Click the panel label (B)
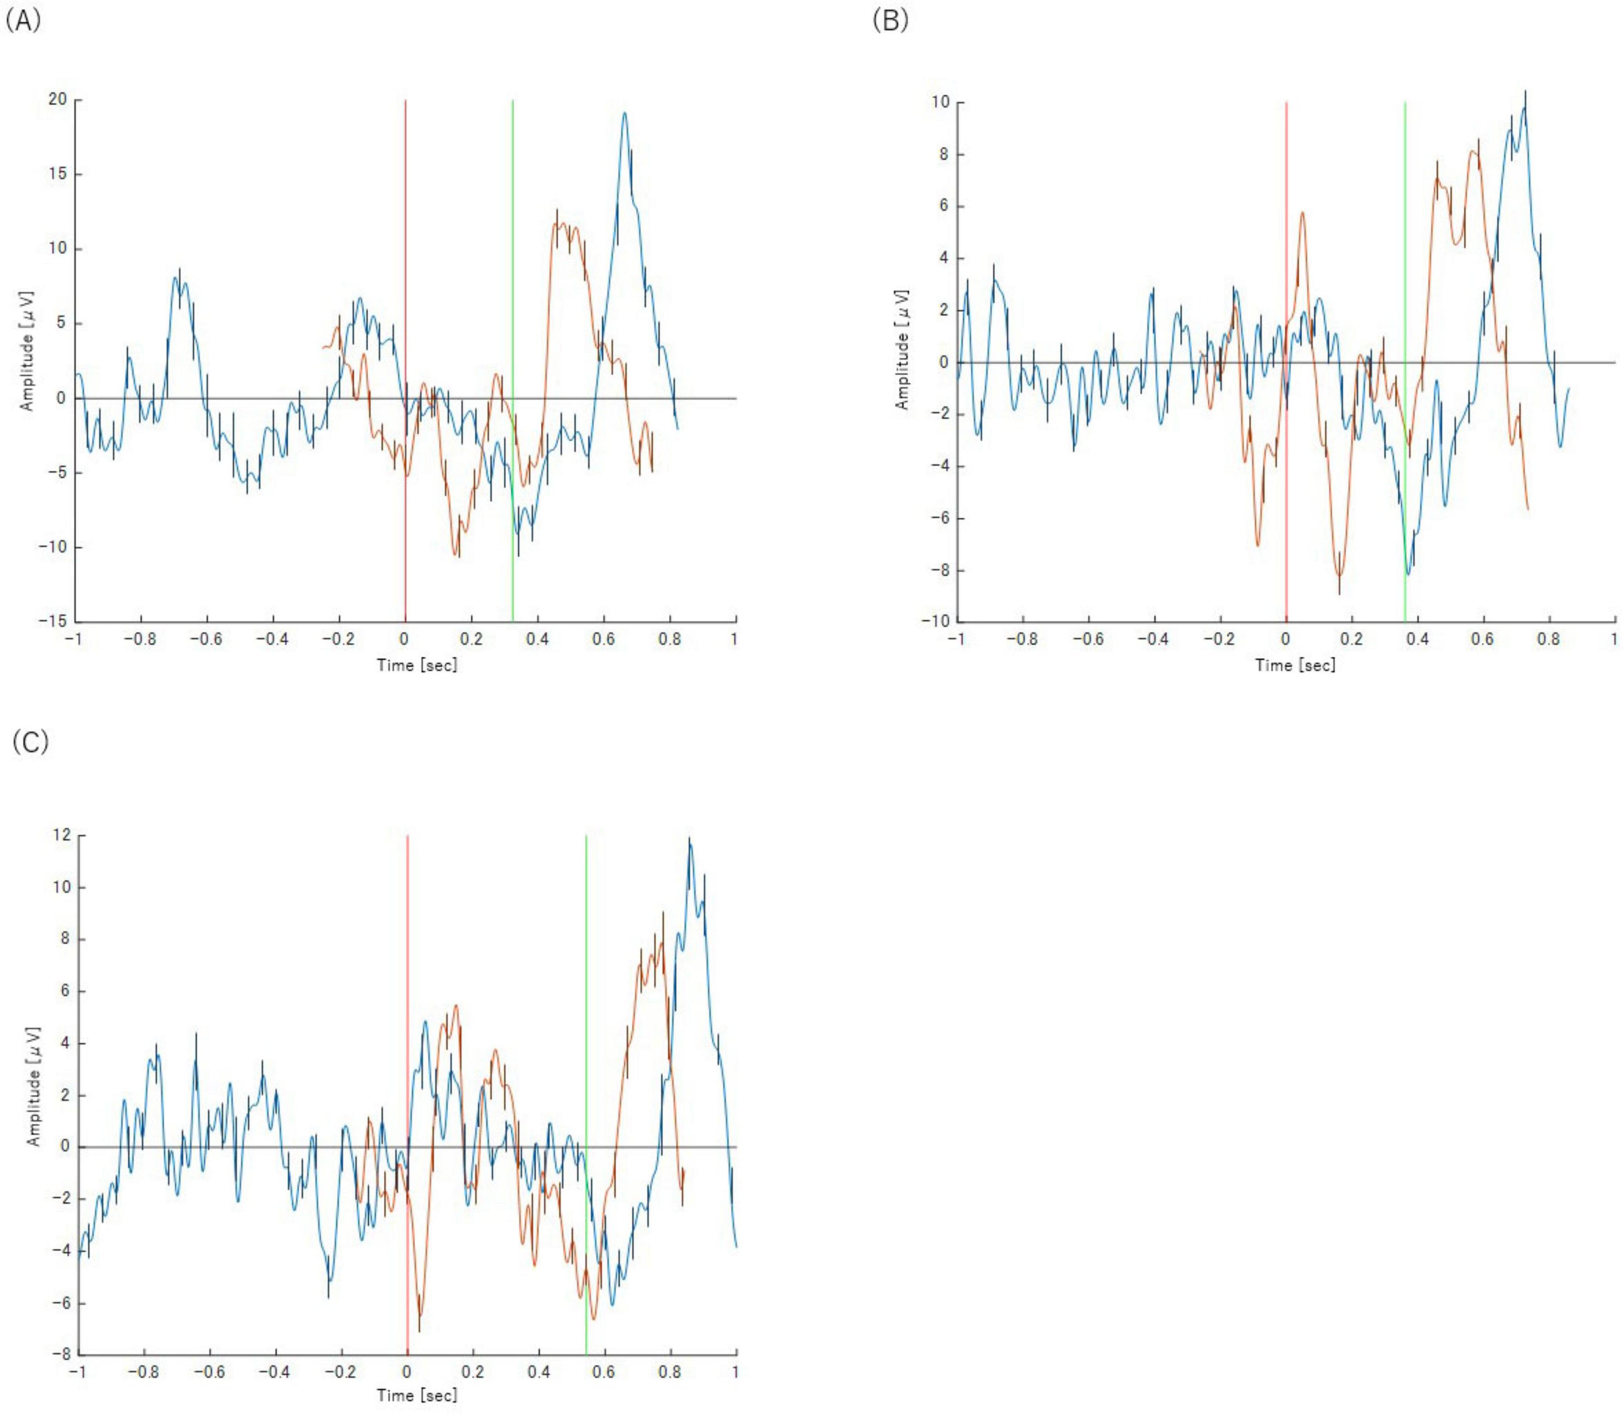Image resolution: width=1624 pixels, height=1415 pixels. tap(890, 21)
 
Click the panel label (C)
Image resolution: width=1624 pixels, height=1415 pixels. tap(30, 742)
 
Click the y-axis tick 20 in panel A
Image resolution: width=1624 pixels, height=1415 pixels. tap(57, 100)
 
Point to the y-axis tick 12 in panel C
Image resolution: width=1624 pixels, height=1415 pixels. tap(62, 836)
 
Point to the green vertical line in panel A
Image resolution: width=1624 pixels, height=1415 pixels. tap(513, 316)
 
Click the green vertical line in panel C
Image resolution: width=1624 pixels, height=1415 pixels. tap(586, 1027)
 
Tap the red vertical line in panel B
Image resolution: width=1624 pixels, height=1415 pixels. tap(1286, 237)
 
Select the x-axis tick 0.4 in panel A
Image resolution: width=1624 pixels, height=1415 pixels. tap(538, 639)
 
